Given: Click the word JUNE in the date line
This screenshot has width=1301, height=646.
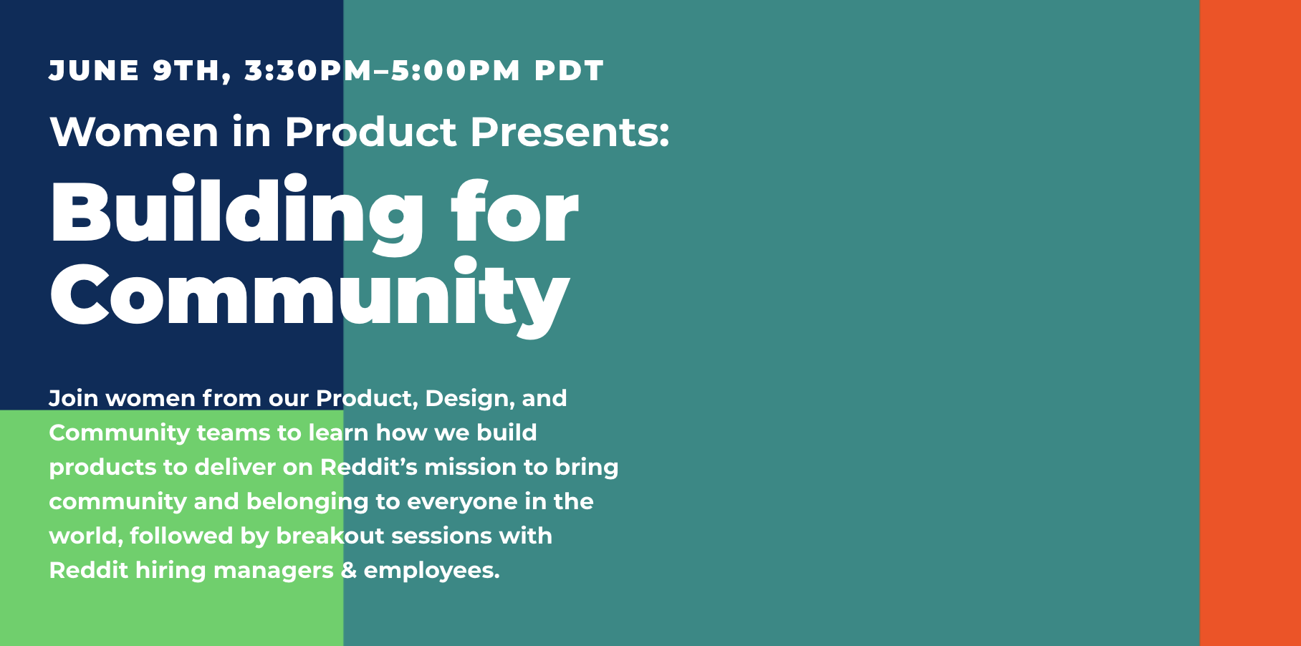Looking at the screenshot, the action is pyautogui.click(x=94, y=71).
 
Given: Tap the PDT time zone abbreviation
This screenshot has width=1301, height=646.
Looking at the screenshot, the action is pyautogui.click(x=570, y=71).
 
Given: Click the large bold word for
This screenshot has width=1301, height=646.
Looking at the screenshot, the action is pyautogui.click(x=514, y=212).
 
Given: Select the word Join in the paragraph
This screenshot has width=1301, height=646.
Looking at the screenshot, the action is pyautogui.click(x=74, y=398).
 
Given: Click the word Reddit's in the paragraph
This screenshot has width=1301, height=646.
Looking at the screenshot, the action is pyautogui.click(x=369, y=467).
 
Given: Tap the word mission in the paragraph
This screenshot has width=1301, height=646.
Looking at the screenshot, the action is pyautogui.click(x=471, y=467).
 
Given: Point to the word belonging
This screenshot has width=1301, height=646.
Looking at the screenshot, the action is pyautogui.click(x=307, y=502).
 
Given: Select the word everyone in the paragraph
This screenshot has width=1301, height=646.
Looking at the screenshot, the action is pyautogui.click(x=462, y=502).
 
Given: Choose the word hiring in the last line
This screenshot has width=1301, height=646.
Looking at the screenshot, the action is pyautogui.click(x=171, y=571).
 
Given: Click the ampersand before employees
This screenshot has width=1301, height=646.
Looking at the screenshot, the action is pyautogui.click(x=349, y=571).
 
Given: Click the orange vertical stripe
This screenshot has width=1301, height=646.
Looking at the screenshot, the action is pyautogui.click(x=1250, y=323).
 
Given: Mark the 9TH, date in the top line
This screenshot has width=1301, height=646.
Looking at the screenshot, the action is pyautogui.click(x=192, y=72).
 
